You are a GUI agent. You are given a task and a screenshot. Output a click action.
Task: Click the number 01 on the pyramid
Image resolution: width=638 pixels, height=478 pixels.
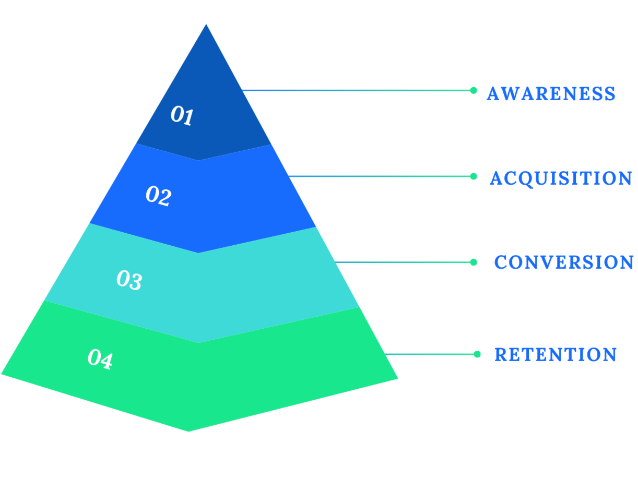click(x=182, y=115)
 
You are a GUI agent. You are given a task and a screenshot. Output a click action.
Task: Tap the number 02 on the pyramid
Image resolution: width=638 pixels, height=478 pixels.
click(x=158, y=196)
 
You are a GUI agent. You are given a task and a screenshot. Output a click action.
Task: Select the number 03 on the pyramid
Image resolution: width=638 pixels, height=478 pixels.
click(x=129, y=280)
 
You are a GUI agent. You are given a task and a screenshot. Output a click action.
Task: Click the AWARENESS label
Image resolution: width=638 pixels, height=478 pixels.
click(x=550, y=93)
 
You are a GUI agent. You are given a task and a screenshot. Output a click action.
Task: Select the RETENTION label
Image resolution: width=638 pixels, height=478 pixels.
click(x=555, y=356)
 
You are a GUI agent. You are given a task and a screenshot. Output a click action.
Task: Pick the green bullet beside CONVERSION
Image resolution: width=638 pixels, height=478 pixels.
click(x=475, y=262)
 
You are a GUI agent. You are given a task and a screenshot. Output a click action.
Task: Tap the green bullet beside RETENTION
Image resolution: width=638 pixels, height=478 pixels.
click(x=477, y=354)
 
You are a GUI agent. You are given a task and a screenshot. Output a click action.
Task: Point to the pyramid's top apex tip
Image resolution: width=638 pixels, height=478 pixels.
click(x=206, y=25)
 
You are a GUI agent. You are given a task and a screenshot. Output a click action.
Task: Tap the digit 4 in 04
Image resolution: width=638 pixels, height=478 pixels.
click(x=105, y=361)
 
